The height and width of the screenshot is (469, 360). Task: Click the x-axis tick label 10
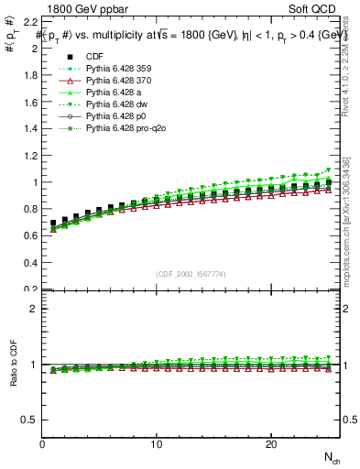157,444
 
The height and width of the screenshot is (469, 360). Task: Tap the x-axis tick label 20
270,444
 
